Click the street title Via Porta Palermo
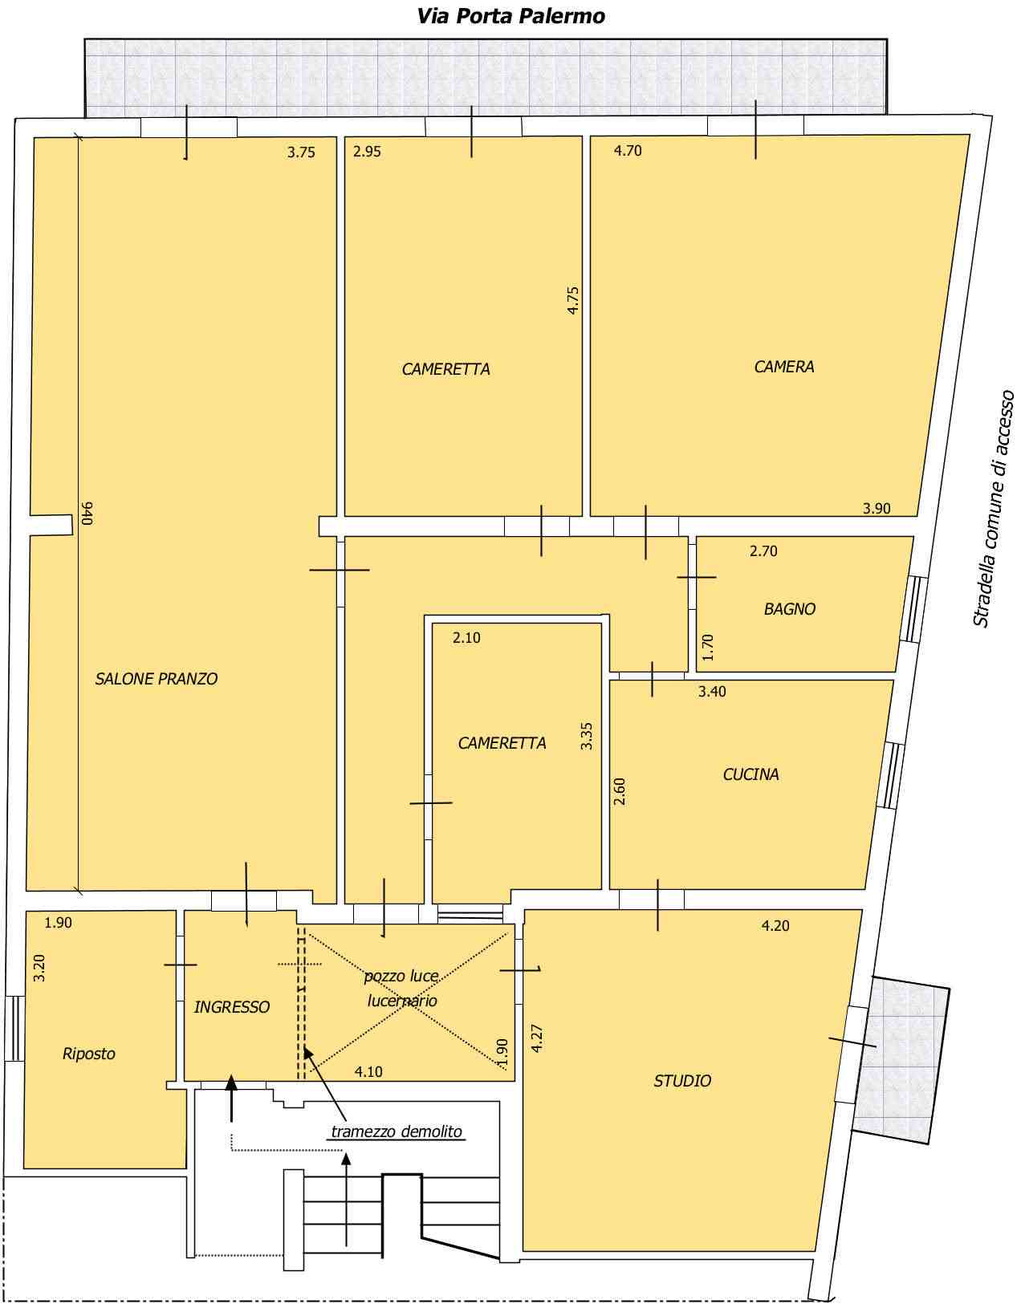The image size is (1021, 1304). pos(510,16)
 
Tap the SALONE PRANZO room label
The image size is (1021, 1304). pos(156,679)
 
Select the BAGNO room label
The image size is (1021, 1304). pos(789,609)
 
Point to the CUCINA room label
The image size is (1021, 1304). pos(750,774)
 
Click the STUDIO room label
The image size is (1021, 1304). pos(682,1081)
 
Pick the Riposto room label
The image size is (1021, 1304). pos(89,1054)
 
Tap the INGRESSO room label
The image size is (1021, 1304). pos(232,1007)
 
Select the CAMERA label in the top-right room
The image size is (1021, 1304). pos(784,367)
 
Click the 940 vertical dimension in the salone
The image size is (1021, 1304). pos(87,513)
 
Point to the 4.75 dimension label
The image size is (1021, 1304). pos(572,300)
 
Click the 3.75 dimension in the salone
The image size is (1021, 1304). pos(301,152)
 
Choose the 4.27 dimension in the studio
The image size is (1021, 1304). pos(537,1038)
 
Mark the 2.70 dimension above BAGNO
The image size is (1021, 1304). pos(763,550)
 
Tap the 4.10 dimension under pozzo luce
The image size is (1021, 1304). pos(368,1071)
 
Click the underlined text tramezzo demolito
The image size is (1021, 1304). pos(397,1131)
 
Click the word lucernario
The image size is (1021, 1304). pos(402,1001)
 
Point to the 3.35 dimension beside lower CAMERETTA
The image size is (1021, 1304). pos(587,736)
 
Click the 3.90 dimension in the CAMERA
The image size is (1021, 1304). pos(877,508)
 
